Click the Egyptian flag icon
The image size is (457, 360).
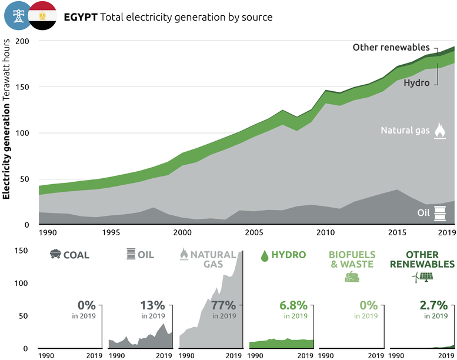click(42, 16)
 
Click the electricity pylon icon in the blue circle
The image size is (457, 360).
click(18, 16)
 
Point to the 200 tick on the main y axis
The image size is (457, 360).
click(22, 42)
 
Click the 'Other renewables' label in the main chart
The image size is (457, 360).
click(391, 48)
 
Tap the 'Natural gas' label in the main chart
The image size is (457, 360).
click(405, 131)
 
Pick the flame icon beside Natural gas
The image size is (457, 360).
click(439, 130)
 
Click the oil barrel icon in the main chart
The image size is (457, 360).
click(439, 213)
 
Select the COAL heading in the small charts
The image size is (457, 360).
click(76, 255)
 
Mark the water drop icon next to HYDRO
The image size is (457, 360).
click(265, 255)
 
